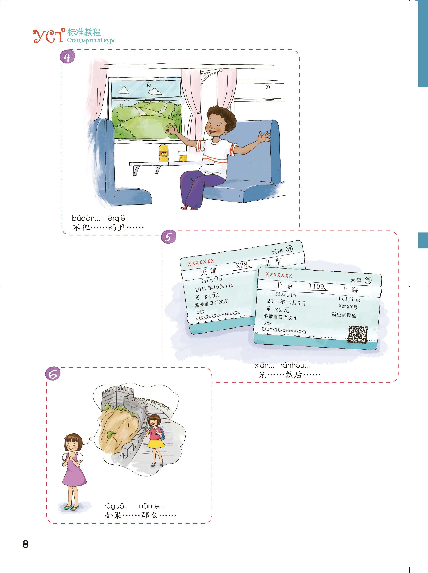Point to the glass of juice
coord(183,156)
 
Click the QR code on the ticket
coord(358,334)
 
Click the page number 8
coord(25,544)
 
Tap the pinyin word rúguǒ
coord(117,506)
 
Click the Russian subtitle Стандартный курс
coord(91,40)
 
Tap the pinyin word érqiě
coord(119,219)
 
